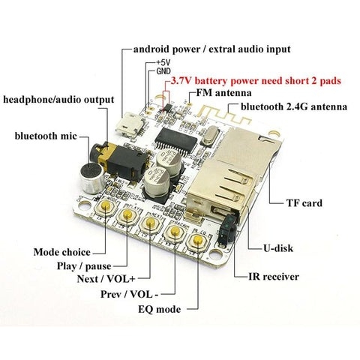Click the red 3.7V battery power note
256,81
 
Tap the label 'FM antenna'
223,93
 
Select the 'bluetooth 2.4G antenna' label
294,106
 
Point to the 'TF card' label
304,202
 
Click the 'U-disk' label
278,248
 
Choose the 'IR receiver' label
274,277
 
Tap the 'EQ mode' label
160,310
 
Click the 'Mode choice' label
62,252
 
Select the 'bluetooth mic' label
46,136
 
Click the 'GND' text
163,71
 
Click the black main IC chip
176,140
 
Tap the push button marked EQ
199,241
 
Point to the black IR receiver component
227,229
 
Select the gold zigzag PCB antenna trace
223,115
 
